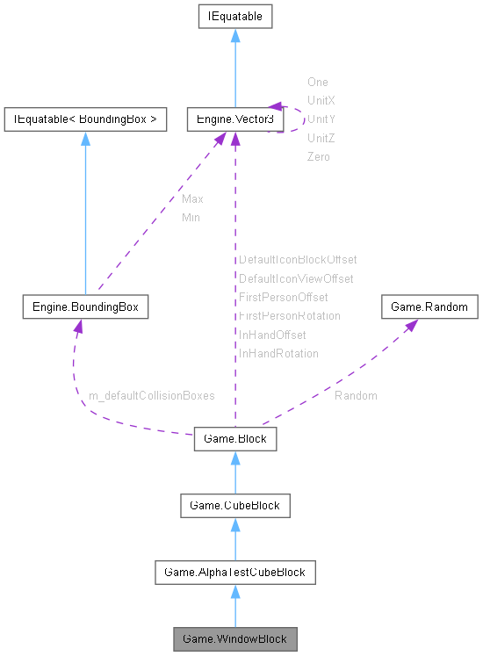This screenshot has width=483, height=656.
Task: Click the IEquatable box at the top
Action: coord(234,17)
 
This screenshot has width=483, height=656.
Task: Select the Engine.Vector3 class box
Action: coord(234,119)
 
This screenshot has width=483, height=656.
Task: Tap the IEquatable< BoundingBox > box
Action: coord(85,119)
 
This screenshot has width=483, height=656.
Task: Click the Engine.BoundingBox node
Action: coord(85,306)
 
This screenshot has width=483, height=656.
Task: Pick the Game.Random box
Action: coord(429,306)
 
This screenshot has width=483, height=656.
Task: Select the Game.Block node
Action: coord(234,438)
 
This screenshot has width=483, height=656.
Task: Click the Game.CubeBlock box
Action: coord(234,505)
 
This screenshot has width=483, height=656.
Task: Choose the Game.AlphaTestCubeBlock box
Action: coord(234,572)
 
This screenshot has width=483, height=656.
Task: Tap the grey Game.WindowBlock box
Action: coord(234,638)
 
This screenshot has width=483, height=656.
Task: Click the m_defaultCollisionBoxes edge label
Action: coord(151,396)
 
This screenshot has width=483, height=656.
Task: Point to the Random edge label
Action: coord(356,396)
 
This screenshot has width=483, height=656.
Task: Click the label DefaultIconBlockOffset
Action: coord(298,260)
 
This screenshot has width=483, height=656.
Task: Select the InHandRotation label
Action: coord(278,353)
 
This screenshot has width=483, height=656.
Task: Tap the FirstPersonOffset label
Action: coord(283,298)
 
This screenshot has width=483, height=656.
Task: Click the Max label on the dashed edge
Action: coord(192,199)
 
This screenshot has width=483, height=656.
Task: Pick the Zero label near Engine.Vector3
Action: coord(319,156)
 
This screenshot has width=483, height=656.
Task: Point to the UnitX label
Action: coord(321,100)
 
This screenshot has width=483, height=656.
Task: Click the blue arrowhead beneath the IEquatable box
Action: coord(234,36)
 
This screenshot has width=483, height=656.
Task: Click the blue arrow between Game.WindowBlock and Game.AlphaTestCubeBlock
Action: coord(234,605)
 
